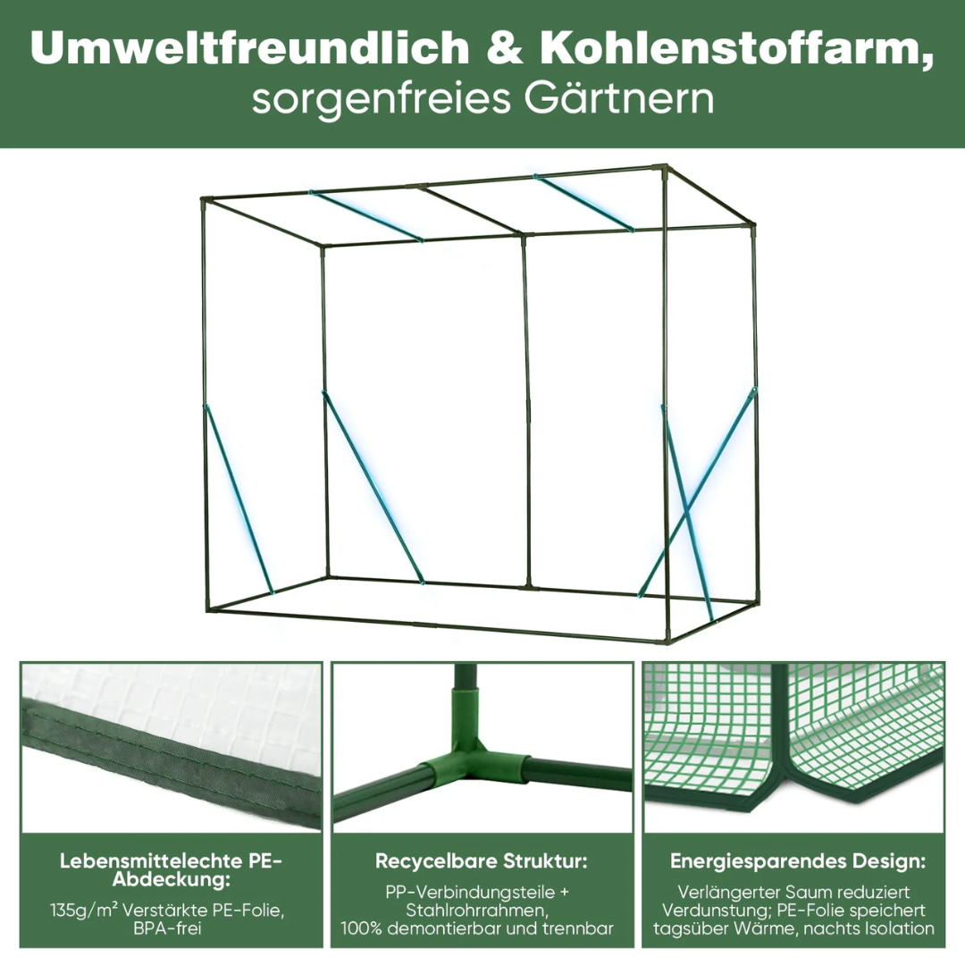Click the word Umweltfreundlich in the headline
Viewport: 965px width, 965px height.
point(250,48)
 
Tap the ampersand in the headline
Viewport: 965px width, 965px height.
point(505,48)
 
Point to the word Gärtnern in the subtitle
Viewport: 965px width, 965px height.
point(619,99)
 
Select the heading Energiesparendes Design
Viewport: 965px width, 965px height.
point(798,861)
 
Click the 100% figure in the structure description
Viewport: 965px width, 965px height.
point(361,927)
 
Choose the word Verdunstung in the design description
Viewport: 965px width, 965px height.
point(713,910)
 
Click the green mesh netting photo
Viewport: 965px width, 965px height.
point(793,747)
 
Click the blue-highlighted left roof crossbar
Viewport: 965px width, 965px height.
point(366,215)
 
